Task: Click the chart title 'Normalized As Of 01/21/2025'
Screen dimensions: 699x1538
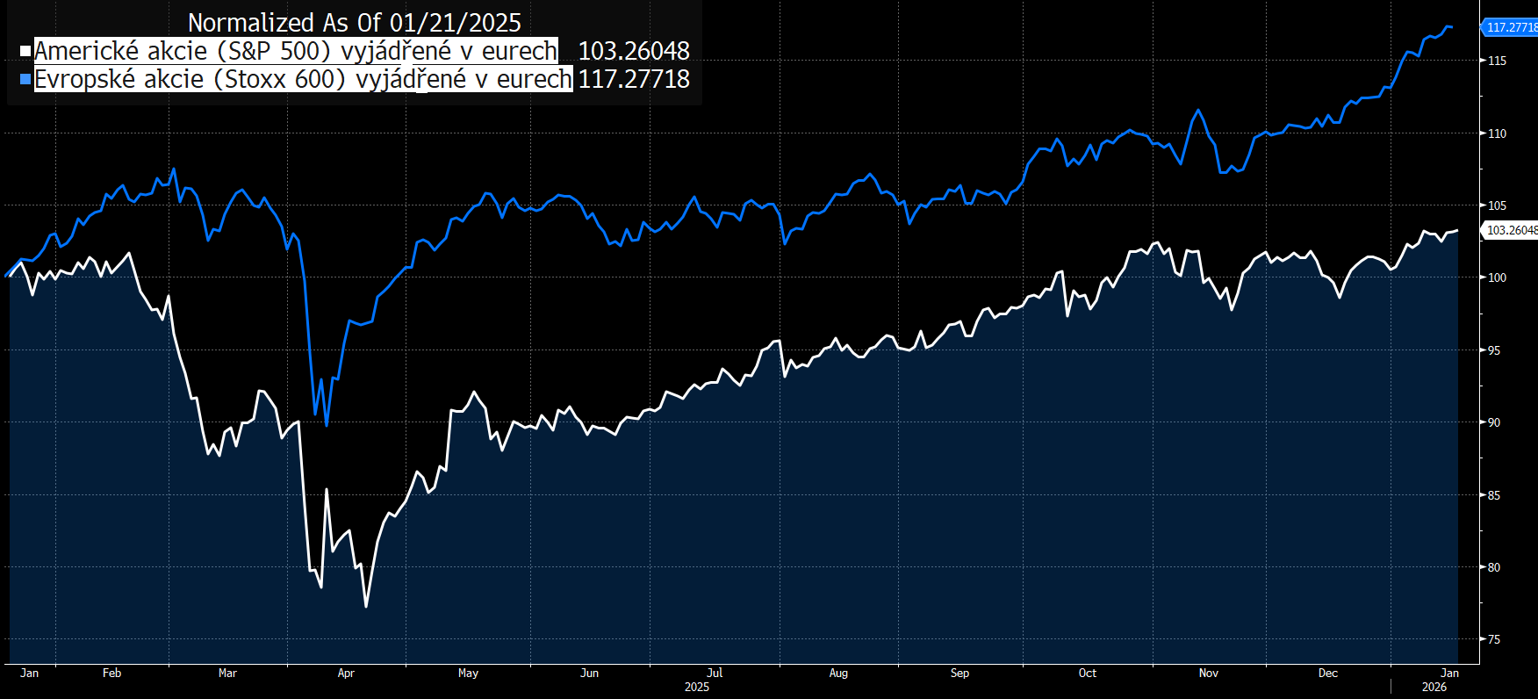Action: (x=354, y=23)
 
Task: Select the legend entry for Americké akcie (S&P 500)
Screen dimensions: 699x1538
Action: (x=296, y=51)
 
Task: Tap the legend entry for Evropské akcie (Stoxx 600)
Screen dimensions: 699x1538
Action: (x=303, y=79)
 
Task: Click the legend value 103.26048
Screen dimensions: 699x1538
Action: (x=634, y=51)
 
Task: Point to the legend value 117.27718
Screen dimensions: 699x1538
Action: (x=634, y=79)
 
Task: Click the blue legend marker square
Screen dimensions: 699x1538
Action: (x=26, y=79)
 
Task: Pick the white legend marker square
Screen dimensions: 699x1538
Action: (x=26, y=51)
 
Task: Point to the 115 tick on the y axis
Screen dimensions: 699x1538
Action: (x=1497, y=61)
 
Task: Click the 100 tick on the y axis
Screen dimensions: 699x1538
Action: (x=1497, y=277)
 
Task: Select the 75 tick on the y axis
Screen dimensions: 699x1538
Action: (x=1494, y=639)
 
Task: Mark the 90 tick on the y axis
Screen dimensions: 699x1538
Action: (x=1494, y=422)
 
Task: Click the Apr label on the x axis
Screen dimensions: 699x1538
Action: (x=346, y=674)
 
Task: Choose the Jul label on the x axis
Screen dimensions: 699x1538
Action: (x=715, y=674)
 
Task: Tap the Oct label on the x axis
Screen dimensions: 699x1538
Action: (x=1087, y=674)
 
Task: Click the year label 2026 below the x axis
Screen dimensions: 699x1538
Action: (x=1434, y=687)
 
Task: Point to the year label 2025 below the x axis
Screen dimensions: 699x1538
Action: (x=696, y=687)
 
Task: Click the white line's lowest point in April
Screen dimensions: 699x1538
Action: (x=366, y=606)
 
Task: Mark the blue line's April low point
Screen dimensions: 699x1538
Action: (x=327, y=426)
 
